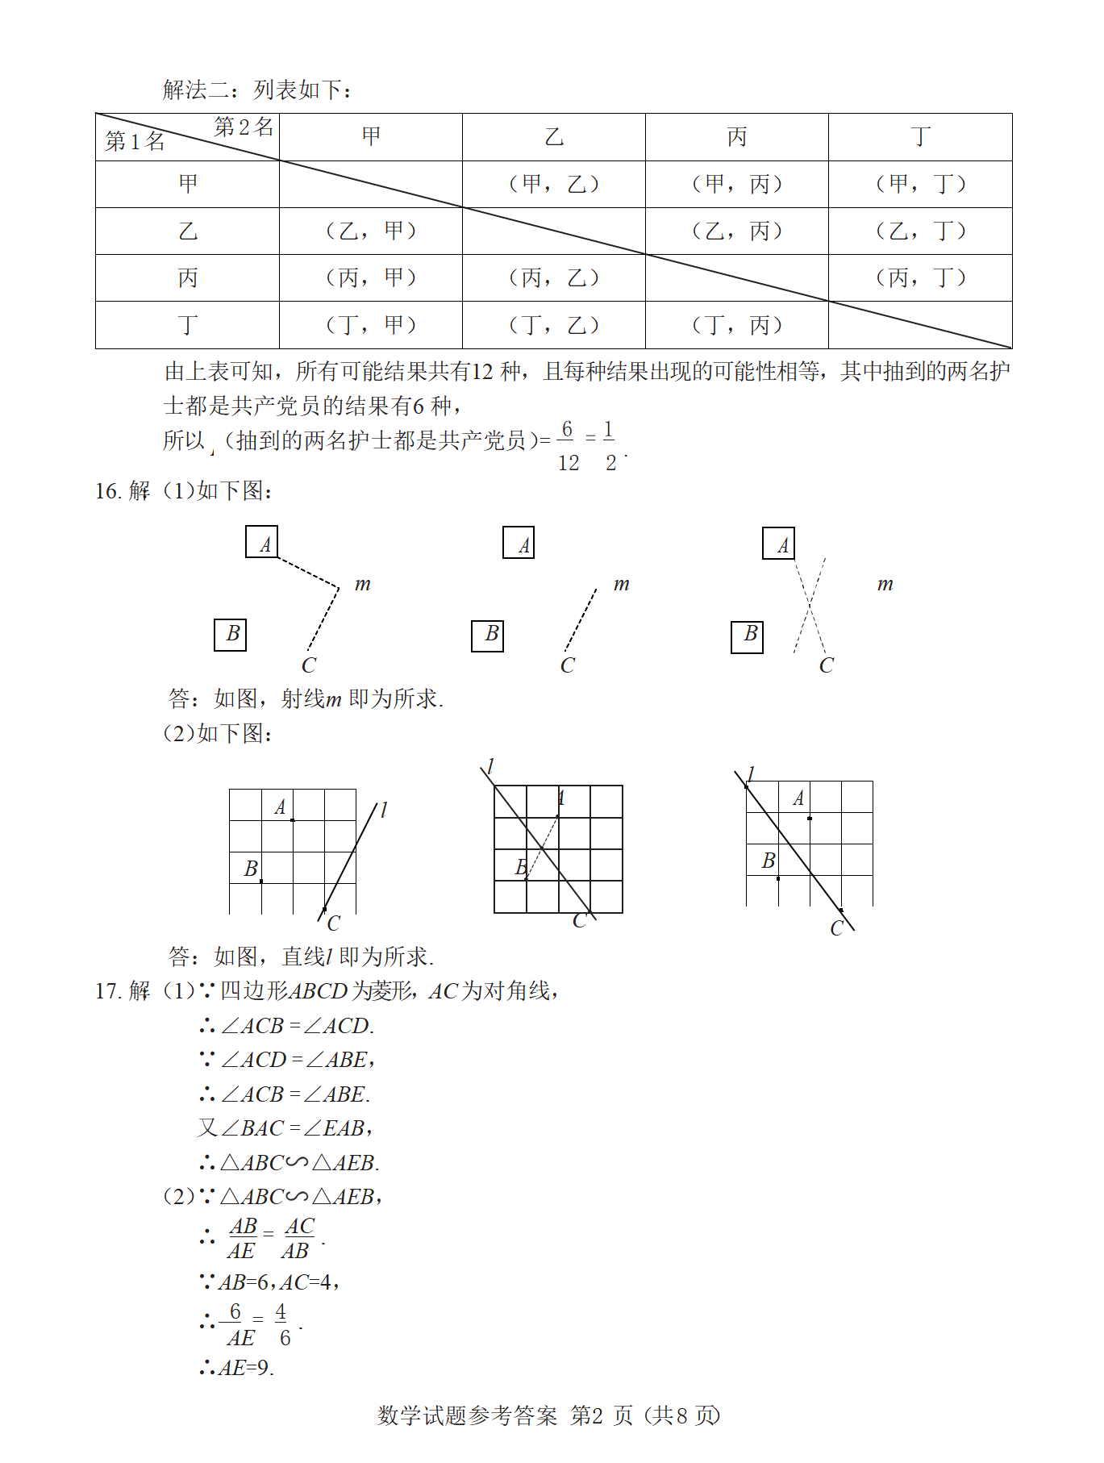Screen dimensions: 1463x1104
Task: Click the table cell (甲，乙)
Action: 554,184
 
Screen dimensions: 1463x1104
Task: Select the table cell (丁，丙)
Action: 737,325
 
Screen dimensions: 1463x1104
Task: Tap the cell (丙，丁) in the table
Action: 921,278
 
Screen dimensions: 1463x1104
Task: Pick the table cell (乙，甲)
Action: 371,231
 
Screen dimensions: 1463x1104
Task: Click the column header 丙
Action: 737,137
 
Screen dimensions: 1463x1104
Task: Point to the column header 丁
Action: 921,137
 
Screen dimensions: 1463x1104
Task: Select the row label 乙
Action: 188,231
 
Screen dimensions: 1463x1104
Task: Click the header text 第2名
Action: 244,127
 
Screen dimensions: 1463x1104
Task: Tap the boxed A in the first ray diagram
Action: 262,542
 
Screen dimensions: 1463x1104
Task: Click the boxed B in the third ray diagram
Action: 748,636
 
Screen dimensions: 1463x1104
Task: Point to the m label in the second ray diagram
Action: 621,583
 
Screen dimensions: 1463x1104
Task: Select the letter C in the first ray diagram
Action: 309,665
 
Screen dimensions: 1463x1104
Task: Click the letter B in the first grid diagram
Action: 251,869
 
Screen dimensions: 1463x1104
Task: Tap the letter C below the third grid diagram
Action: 836,928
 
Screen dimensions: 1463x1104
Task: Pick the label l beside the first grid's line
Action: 384,809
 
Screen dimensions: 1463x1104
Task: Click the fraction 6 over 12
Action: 568,446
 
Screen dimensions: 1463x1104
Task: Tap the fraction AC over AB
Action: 298,1239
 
